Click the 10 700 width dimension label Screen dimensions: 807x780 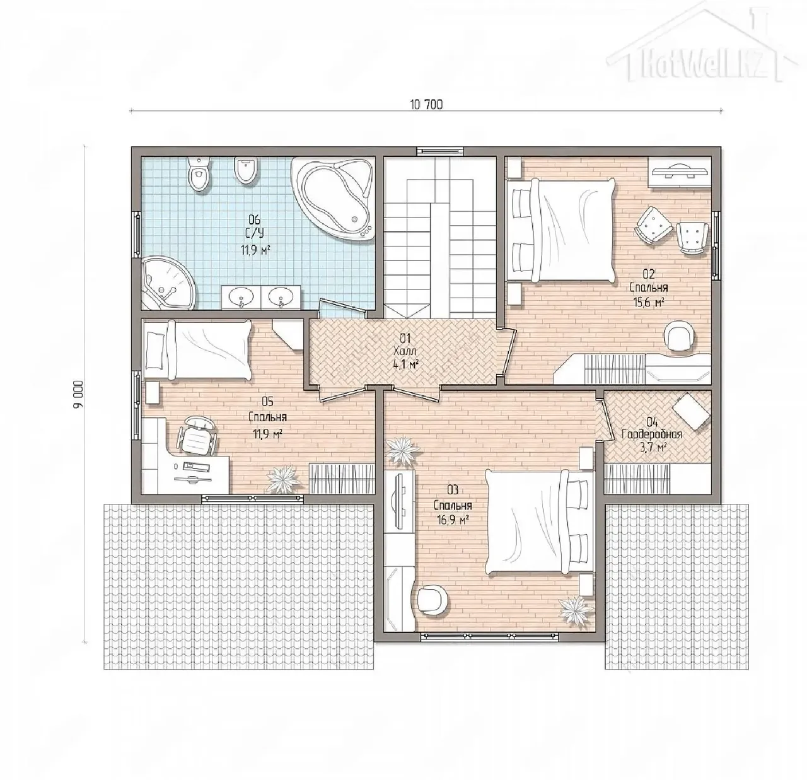coord(426,105)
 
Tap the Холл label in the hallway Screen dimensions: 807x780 coord(405,351)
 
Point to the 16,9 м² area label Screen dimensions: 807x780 coord(453,519)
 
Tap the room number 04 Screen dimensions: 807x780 coord(653,422)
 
